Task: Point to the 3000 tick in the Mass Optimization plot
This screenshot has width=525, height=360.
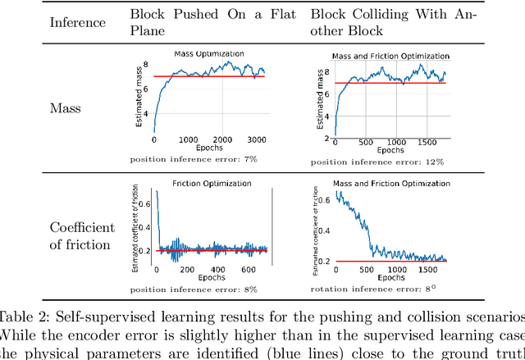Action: click(258, 139)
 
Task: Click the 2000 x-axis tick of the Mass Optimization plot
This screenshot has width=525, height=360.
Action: click(223, 139)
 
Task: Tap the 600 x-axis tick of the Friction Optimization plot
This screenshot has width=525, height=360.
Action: click(245, 269)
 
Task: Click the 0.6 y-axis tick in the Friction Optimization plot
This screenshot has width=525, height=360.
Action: click(144, 201)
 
